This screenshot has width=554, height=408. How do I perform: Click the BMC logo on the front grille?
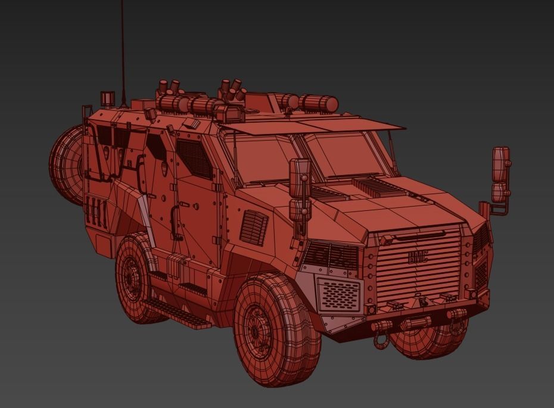(418, 257)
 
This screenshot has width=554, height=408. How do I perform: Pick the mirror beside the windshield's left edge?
(300, 179)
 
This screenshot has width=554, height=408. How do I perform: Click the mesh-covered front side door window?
(194, 157)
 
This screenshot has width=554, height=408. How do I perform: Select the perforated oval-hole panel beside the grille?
(340, 294)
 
